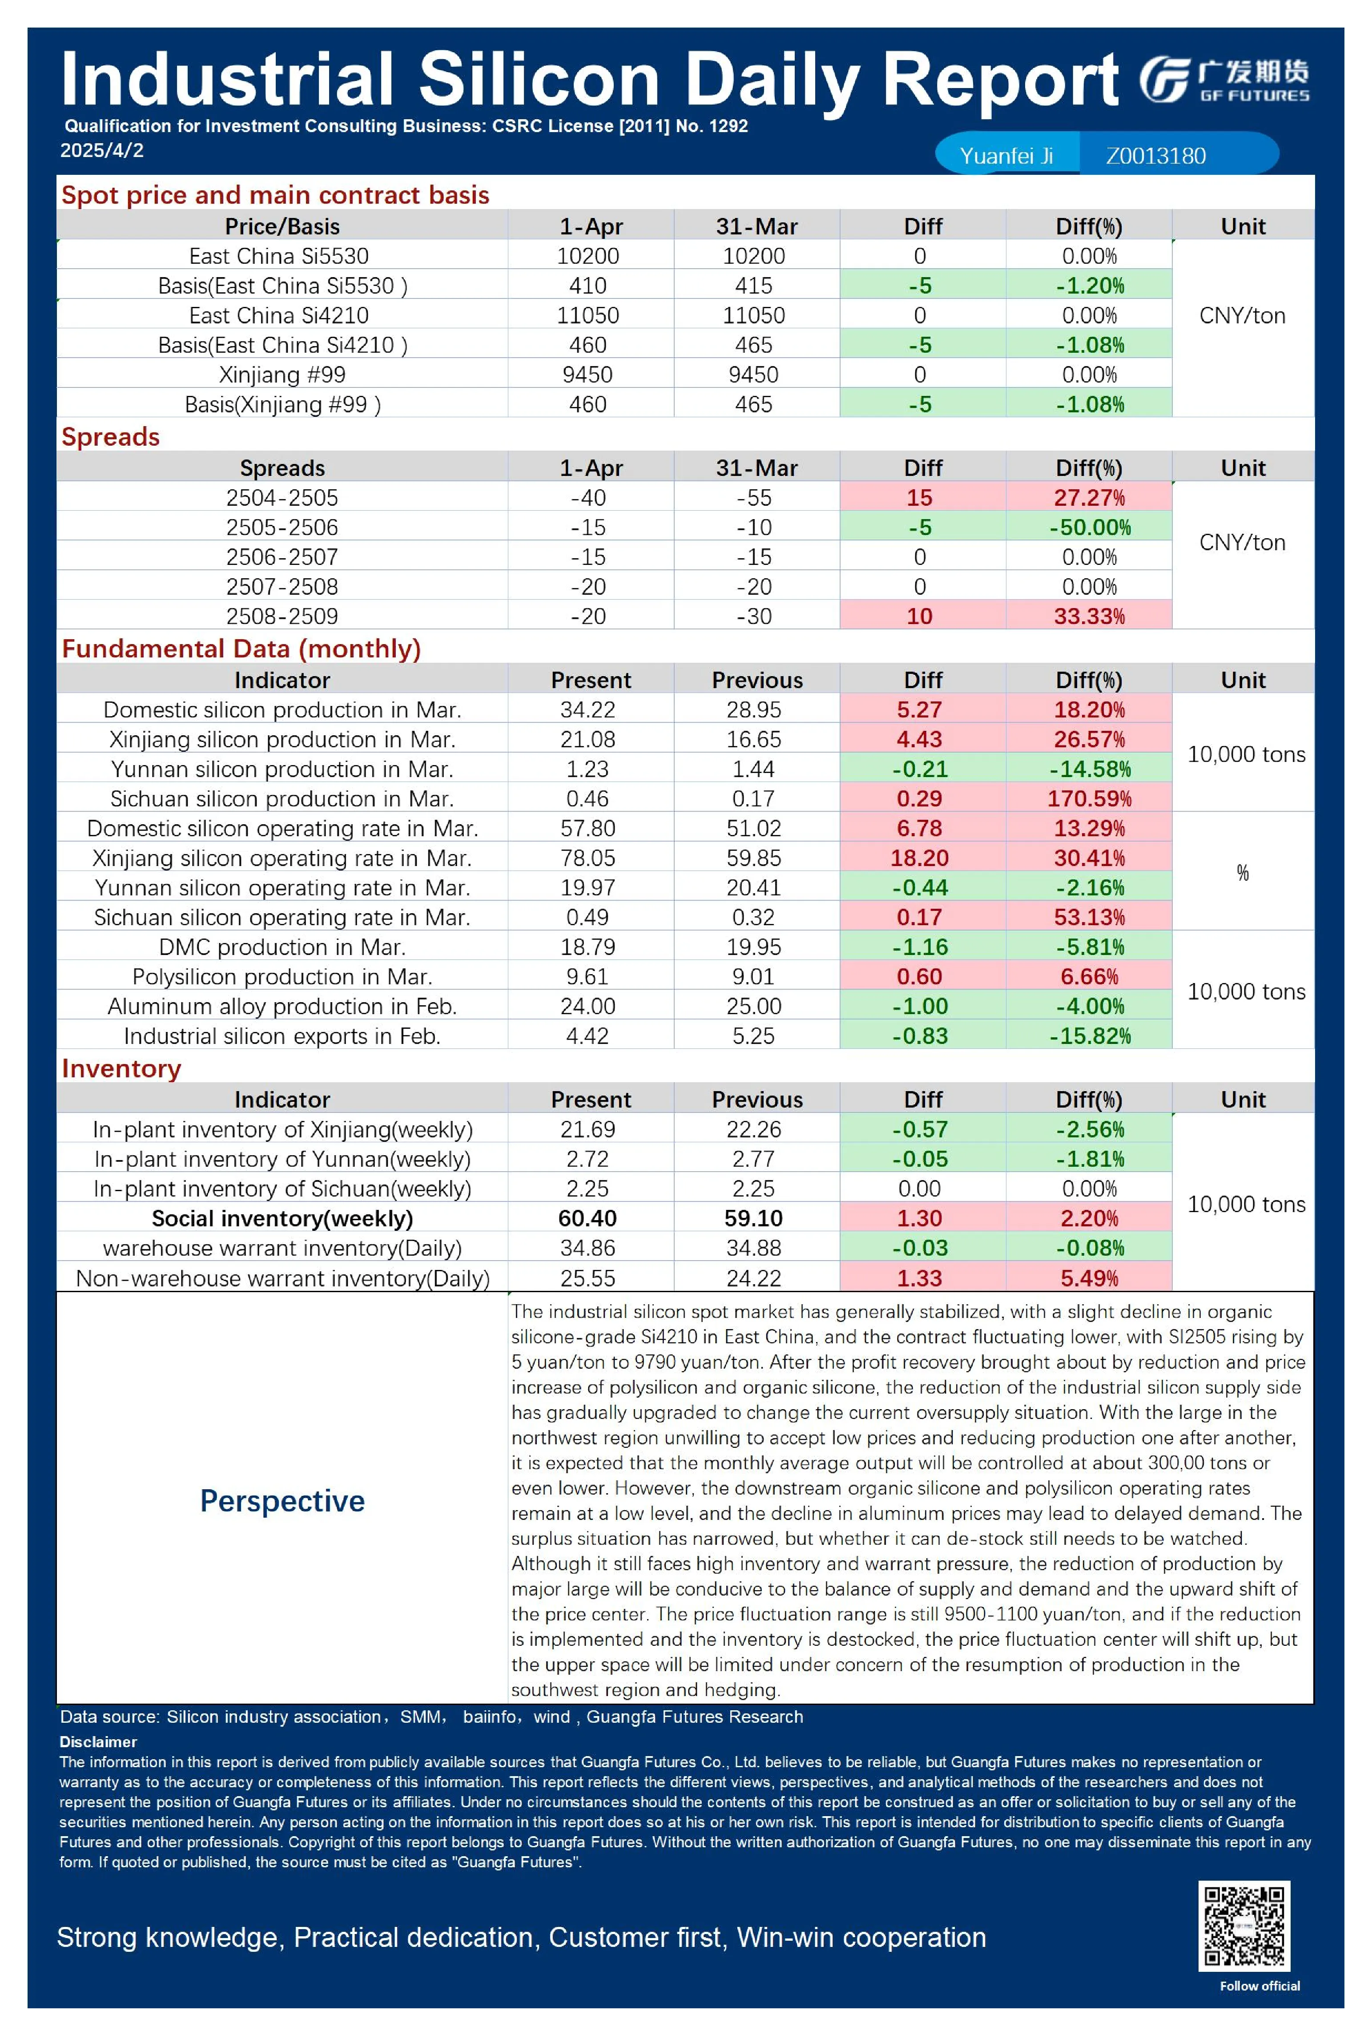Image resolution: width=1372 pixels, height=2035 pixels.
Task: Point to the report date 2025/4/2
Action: (x=101, y=150)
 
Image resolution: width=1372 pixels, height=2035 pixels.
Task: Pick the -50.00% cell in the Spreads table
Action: (x=1090, y=528)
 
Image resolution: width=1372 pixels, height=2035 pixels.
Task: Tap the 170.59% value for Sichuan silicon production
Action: (x=1090, y=799)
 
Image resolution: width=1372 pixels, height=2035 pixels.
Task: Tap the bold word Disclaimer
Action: (x=98, y=1742)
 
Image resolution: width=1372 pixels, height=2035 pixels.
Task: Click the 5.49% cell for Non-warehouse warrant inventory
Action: (x=1090, y=1278)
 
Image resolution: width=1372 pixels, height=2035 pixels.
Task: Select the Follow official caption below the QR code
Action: (x=1260, y=1986)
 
